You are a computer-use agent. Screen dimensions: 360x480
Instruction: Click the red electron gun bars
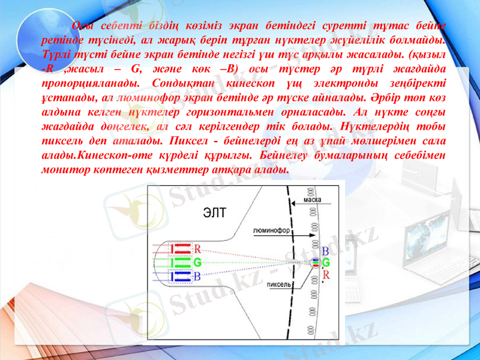point(181,247)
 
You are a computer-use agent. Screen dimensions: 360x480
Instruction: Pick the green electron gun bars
point(181,262)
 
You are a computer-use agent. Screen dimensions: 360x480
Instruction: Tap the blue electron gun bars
point(181,276)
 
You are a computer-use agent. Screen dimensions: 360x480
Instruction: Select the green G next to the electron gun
point(197,262)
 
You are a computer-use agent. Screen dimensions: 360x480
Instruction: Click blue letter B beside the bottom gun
point(197,277)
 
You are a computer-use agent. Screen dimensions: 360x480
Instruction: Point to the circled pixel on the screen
point(316,262)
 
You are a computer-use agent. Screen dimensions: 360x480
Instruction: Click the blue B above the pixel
point(325,251)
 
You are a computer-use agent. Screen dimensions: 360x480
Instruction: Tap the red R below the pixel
point(325,274)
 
